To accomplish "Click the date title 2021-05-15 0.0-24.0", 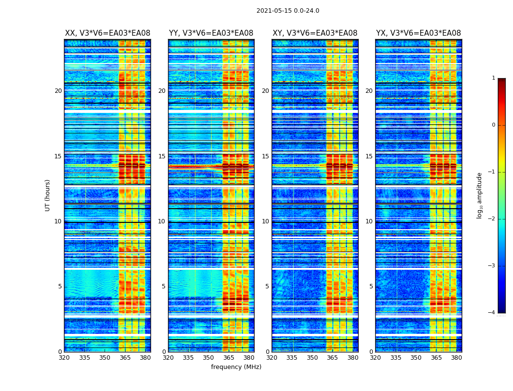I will tap(288, 11).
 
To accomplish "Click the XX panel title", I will tap(107, 33).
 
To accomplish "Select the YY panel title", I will tap(211, 33).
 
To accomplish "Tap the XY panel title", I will tap(315, 33).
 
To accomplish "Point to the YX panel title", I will tap(418, 33).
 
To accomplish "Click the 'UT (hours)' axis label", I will tap(47, 195).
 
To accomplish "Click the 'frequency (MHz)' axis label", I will tap(236, 367).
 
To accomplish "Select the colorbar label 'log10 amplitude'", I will tap(480, 195).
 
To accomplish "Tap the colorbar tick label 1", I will tap(493, 78).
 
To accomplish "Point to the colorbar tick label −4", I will tap(492, 313).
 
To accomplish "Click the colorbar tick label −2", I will tap(492, 219).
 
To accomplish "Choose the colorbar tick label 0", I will tap(493, 125).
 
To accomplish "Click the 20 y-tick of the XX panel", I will tap(58, 91).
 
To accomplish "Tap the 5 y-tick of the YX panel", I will tap(371, 286).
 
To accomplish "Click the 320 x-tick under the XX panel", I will tap(64, 358).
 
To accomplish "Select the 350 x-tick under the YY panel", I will tap(209, 358).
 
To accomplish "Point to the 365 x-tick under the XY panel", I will tap(333, 358).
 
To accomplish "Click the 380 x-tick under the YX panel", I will tap(456, 358).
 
